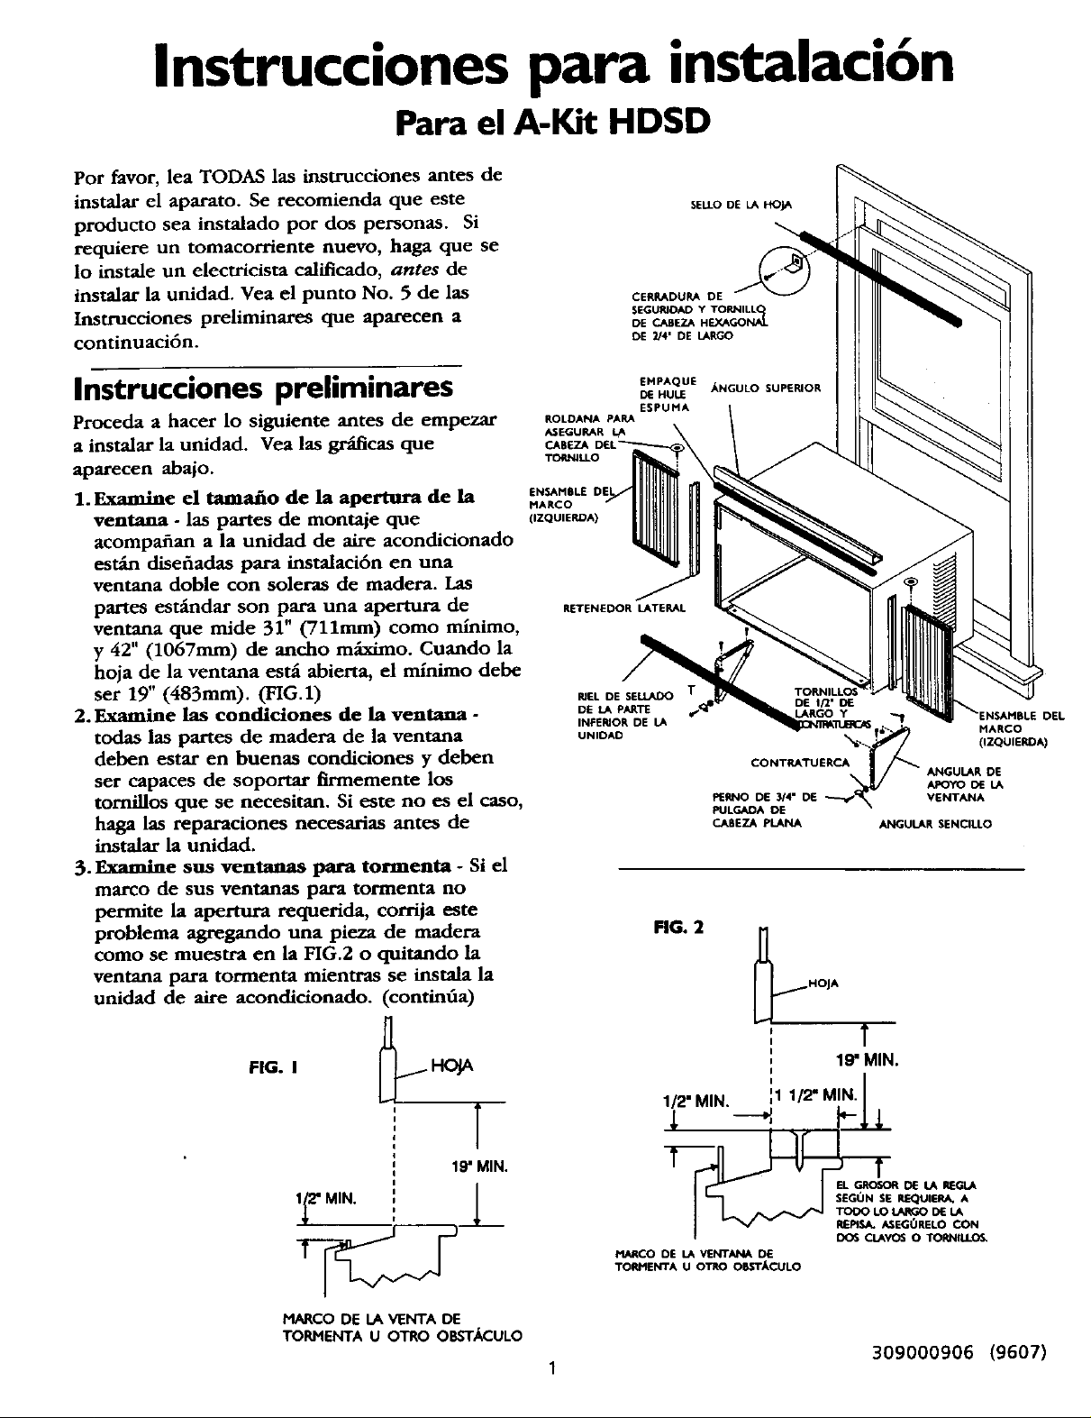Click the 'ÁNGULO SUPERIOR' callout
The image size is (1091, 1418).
tap(766, 389)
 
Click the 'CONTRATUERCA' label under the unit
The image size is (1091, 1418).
tap(800, 762)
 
